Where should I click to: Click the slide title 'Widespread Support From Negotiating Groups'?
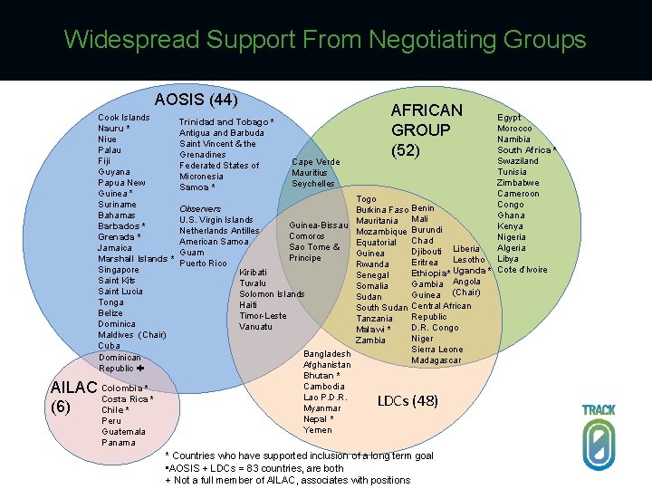(325, 40)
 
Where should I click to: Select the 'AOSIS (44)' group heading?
(197, 100)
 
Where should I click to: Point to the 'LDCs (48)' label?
(407, 400)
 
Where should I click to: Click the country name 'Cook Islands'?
(124, 118)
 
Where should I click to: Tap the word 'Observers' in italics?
(200, 209)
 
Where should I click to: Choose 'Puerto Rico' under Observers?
(202, 264)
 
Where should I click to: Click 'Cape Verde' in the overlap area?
(315, 162)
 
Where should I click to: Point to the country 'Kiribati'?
(253, 272)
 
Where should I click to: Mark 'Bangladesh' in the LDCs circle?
(327, 354)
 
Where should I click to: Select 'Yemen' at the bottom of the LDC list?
(318, 430)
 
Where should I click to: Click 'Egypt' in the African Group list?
(510, 118)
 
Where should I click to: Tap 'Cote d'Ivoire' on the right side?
(523, 270)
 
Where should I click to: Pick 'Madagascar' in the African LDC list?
(436, 360)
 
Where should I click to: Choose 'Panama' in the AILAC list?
(119, 443)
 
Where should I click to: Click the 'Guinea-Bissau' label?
(319, 225)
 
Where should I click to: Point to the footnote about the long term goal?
(300, 455)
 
